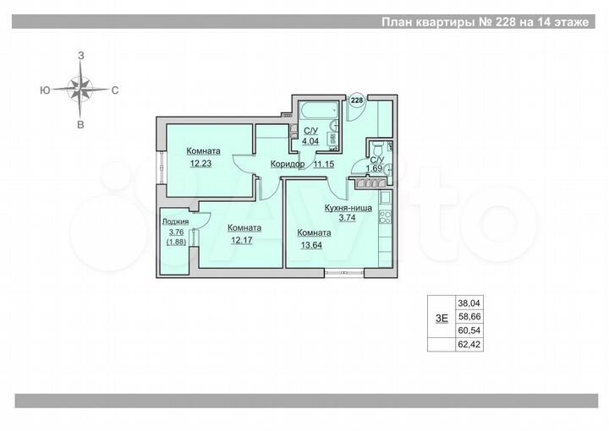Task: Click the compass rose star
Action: click(81, 87)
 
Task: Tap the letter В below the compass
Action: click(81, 125)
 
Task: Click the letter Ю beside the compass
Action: click(44, 89)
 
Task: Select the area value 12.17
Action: click(243, 240)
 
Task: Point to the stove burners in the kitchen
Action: click(385, 216)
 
